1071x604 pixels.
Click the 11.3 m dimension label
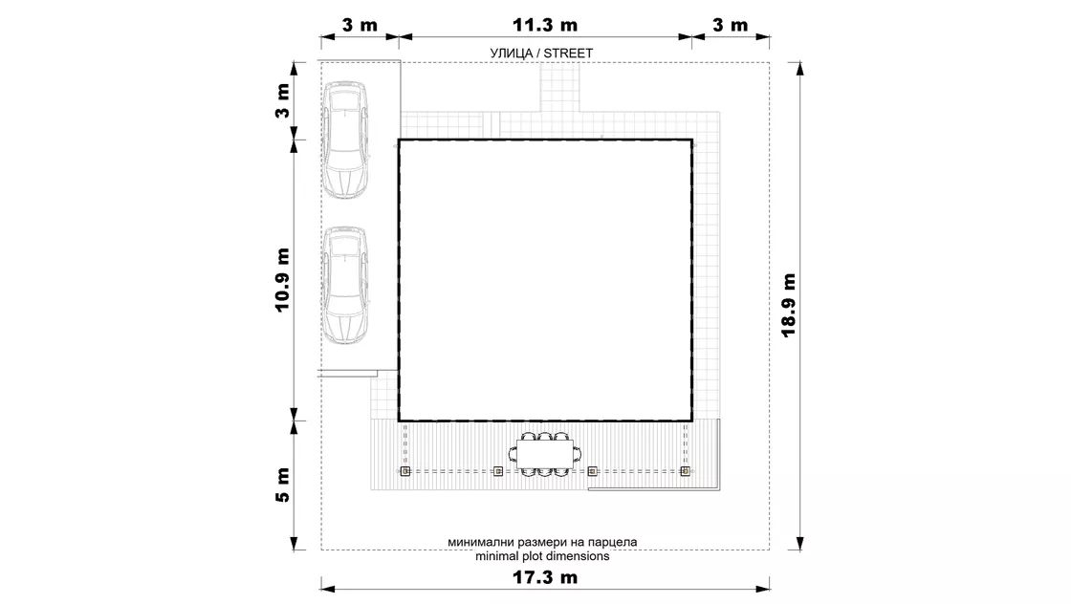[x=545, y=25]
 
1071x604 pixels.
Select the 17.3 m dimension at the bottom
[x=545, y=577]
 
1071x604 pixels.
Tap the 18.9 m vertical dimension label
[x=789, y=305]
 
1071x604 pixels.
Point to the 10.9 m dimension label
[x=283, y=280]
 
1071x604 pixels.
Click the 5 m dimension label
[x=283, y=485]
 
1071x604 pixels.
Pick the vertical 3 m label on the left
[x=283, y=101]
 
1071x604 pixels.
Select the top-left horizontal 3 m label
[x=360, y=25]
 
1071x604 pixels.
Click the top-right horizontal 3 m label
[x=731, y=25]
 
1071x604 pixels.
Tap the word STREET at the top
[x=568, y=54]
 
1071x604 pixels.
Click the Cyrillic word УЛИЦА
[x=511, y=54]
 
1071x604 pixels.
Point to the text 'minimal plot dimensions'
[x=542, y=556]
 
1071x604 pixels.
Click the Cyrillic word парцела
[x=613, y=543]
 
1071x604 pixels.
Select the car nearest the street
[x=345, y=140]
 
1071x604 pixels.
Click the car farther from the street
[x=345, y=286]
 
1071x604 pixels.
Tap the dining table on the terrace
[x=544, y=455]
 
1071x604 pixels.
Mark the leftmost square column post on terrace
[x=405, y=471]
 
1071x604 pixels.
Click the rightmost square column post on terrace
[x=685, y=471]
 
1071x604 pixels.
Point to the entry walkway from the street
[x=560, y=87]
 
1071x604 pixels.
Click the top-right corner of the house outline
[x=692, y=140]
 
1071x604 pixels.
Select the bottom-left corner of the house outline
[x=399, y=421]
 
